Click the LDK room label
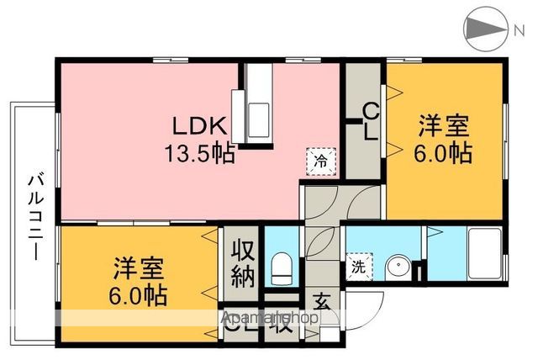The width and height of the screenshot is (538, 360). coord(200,127)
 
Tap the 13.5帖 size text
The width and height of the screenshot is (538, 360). coord(200,154)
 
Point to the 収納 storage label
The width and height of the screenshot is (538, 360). coord(242,262)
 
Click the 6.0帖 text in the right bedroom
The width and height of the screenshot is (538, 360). coord(444,154)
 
